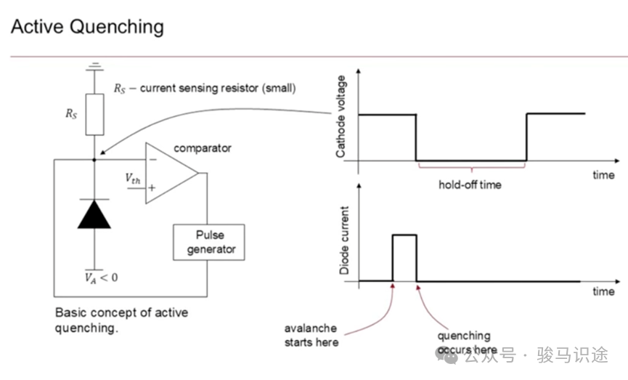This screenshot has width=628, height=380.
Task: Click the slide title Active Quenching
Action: coord(87,28)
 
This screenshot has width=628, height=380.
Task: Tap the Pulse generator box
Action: coord(208,242)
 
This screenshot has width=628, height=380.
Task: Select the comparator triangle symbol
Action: coord(172,173)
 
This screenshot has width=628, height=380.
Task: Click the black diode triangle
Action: coord(94,214)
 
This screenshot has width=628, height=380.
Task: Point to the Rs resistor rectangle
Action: coord(94,115)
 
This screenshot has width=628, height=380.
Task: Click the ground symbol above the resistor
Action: coord(94,67)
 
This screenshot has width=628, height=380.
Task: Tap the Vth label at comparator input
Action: coord(133,179)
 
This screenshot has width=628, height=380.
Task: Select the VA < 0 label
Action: coord(101,278)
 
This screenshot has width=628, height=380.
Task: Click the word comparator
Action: coord(203,148)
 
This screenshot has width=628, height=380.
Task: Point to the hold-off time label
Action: coord(470,185)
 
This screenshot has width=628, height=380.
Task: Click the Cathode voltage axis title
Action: coord(340,117)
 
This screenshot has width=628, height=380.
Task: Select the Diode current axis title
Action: coord(344,240)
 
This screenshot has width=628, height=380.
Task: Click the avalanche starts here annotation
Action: coord(311,335)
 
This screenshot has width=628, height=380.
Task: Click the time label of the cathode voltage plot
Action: coord(603,175)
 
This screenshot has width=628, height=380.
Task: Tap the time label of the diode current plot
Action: coord(603,291)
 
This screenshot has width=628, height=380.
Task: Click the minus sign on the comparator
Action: coord(153,160)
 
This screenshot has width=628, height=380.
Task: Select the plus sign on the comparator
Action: coord(152,187)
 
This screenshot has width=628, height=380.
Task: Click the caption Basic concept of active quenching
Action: coord(121,320)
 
